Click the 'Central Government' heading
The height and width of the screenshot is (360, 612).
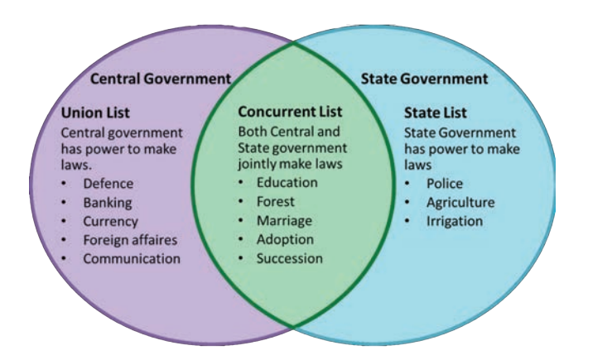pyautogui.click(x=159, y=80)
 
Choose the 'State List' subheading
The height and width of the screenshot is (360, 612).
pyautogui.click(x=436, y=113)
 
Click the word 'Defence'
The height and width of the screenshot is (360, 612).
pyautogui.click(x=108, y=184)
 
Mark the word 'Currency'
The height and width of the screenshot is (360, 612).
pyautogui.click(x=110, y=222)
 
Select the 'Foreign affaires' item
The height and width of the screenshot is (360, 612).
pyautogui.click(x=130, y=240)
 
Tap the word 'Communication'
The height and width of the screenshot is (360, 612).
pyautogui.click(x=131, y=258)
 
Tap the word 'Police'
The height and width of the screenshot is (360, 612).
pyautogui.click(x=445, y=184)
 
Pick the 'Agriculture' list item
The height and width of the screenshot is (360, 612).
pyautogui.click(x=460, y=203)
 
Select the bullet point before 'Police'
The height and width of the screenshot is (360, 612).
pyautogui.click(x=408, y=184)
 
